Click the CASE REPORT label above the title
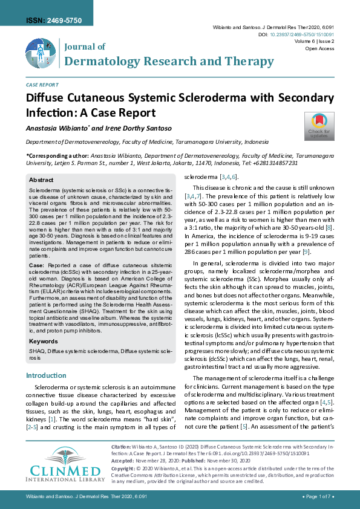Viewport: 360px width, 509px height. tap(42, 85)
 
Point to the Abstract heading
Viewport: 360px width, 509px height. tap(41, 180)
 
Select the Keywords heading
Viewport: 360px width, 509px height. tap(44, 342)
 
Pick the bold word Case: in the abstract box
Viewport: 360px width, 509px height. tap(36, 265)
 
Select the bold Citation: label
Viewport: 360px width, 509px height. tap(122, 447)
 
